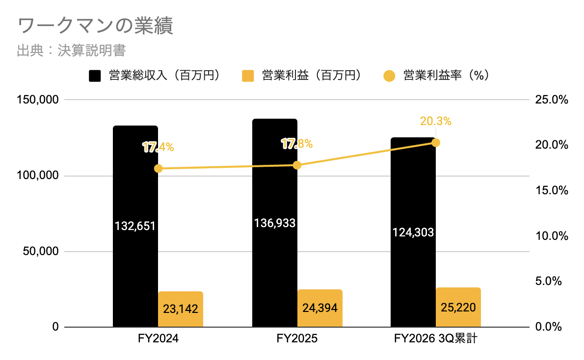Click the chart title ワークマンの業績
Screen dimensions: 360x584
pos(95,26)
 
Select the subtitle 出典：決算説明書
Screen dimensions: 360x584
pos(72,51)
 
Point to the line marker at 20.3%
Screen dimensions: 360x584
pos(436,143)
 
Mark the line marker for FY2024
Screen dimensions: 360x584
pos(158,169)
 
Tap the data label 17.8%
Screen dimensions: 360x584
pos(297,144)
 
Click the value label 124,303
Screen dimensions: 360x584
pos(413,232)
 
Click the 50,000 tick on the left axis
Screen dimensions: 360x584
pos(41,251)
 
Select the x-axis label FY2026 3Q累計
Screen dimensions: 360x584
pos(435,339)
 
